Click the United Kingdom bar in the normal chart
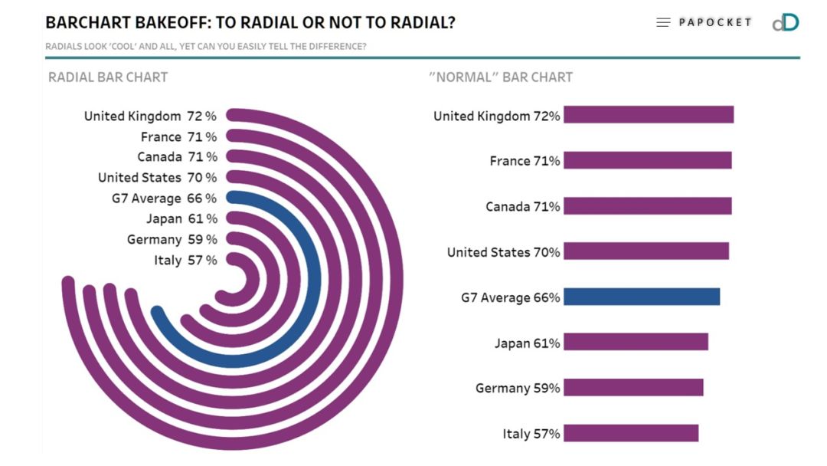(649, 115)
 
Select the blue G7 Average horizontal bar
(642, 297)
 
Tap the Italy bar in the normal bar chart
(631, 433)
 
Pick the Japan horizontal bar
(636, 342)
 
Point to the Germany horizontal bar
(633, 388)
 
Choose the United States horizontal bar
(646, 251)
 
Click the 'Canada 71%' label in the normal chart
(522, 207)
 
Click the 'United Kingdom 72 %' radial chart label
(150, 116)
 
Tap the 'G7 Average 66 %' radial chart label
(164, 199)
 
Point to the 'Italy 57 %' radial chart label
(185, 261)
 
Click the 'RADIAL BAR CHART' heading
(108, 77)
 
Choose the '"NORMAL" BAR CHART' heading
(500, 77)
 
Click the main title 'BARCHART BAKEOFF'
(250, 23)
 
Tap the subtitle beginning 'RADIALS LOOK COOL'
(205, 47)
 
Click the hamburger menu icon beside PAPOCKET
(663, 23)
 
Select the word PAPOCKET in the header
(715, 22)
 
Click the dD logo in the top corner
(785, 22)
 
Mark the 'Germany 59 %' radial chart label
(172, 240)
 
